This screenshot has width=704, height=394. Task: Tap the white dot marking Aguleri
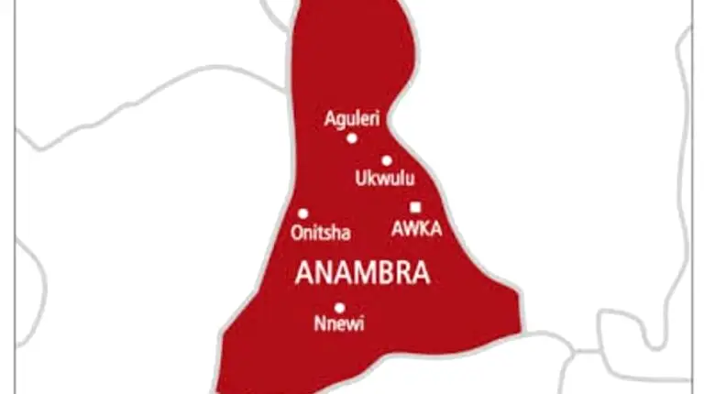351,138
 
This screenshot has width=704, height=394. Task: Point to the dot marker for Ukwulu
387,160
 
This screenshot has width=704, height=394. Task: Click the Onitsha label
320,233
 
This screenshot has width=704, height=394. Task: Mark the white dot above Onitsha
303,213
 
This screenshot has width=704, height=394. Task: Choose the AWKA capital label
416,230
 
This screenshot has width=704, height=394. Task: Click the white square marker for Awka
415,207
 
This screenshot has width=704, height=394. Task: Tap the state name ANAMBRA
362,274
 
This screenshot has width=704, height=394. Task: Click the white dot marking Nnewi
339,308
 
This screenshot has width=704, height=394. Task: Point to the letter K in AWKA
423,230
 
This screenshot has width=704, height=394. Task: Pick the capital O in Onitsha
296,233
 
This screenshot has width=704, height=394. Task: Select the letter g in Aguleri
339,119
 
